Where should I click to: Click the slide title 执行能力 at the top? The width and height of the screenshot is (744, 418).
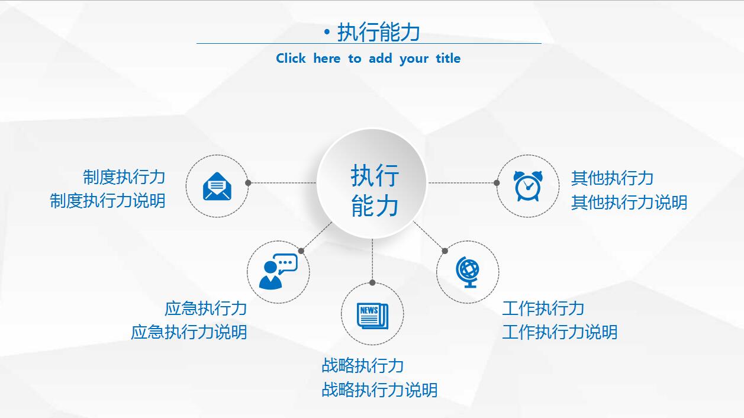(x=379, y=32)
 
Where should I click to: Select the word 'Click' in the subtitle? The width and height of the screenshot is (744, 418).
(x=291, y=59)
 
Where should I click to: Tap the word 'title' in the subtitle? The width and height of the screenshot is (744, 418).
(x=448, y=59)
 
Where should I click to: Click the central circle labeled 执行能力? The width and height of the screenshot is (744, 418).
(x=372, y=183)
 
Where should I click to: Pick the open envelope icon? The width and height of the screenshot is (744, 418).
(x=217, y=186)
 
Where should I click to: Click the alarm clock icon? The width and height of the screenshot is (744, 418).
(x=528, y=186)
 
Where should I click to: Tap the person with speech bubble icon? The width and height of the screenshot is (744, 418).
(x=278, y=272)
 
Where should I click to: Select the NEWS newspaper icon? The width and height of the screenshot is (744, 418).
(x=372, y=316)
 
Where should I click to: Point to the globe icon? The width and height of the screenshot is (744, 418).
(x=468, y=272)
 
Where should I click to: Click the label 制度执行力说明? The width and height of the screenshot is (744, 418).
(x=108, y=201)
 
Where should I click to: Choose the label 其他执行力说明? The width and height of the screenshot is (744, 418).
(x=629, y=202)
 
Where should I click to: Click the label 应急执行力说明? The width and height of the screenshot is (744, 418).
(x=189, y=332)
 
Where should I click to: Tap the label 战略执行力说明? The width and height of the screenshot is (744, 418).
(x=379, y=390)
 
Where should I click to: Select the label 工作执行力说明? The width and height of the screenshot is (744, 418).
(x=560, y=332)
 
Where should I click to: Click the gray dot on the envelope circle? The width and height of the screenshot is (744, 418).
(x=248, y=183)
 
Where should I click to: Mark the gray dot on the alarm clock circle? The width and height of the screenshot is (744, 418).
(x=497, y=183)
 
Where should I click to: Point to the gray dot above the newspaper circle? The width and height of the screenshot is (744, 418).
(x=372, y=283)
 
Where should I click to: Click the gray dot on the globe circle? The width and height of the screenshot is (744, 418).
(x=445, y=251)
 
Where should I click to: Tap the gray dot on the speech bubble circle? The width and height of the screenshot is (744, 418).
(x=301, y=251)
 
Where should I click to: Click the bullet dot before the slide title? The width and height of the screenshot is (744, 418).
(x=327, y=32)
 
